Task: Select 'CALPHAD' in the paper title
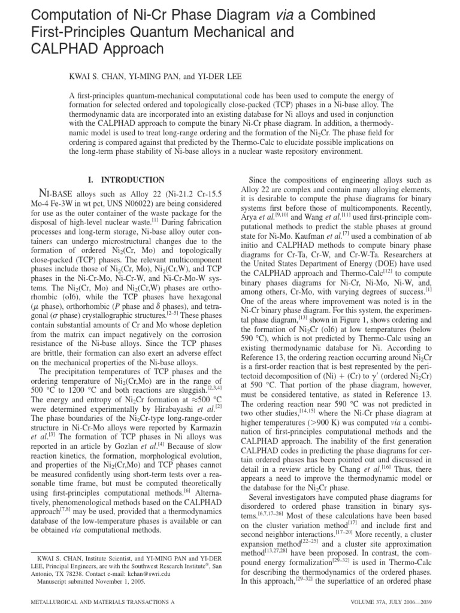click(x=68, y=48)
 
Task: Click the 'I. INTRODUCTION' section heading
click(x=125, y=180)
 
